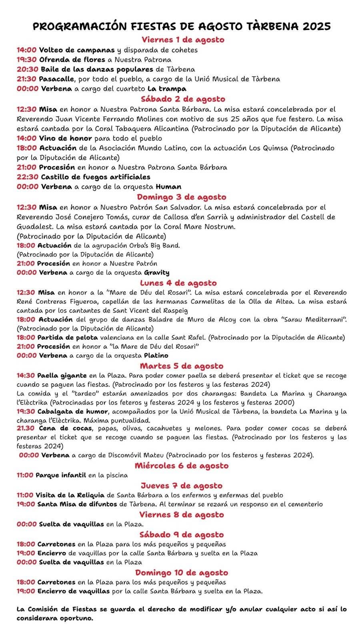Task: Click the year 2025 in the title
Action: point(316,26)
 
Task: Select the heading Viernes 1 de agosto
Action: point(183,40)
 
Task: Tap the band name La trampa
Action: point(167,88)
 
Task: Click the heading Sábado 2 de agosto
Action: point(183,99)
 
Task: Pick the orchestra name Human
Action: point(168,186)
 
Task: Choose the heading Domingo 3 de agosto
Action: point(182,197)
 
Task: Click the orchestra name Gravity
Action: point(157,272)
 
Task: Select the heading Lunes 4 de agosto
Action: point(178,283)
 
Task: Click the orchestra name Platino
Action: point(156,355)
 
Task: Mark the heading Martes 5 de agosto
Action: point(182,366)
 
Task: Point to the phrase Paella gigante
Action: point(62,376)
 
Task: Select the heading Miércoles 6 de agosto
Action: point(182,466)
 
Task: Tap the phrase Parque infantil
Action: point(61,475)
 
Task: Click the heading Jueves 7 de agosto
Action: point(182,486)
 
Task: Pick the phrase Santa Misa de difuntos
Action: point(77,504)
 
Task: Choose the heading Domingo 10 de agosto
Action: point(182,572)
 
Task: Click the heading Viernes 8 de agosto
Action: point(182,514)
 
